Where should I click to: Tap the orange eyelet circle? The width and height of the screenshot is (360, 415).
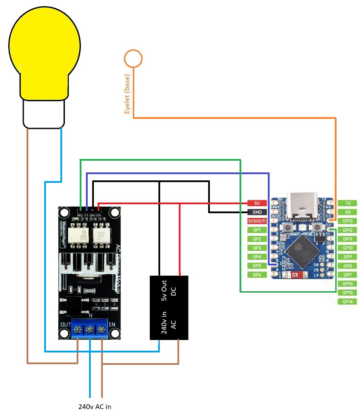coord(133,59)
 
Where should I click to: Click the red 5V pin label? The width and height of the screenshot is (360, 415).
coord(257,203)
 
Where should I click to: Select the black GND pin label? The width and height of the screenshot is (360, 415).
coord(257,212)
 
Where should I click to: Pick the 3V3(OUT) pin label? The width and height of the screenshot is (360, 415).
coord(257,221)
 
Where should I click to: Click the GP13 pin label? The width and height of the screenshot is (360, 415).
coord(347,221)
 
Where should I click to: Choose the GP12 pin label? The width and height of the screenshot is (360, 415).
coord(347,230)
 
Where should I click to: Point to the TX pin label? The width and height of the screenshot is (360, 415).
coord(347,203)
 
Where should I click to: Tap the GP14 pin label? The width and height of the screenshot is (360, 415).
coord(347,302)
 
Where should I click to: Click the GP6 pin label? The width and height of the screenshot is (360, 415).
coord(257,275)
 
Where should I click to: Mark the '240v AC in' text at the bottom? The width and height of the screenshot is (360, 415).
coord(95,407)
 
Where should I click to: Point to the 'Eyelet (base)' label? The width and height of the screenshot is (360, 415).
coord(127,94)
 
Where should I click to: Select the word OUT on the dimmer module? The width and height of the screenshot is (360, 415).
coord(65,325)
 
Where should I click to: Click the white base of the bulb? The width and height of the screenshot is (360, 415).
coord(44,114)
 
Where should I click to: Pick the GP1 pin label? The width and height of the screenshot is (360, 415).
coord(257,230)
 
